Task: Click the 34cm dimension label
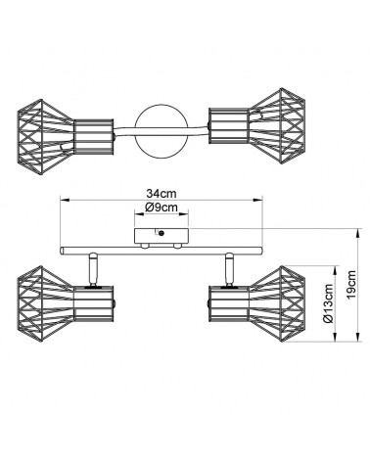coord(162,194)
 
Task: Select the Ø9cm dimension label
coord(162,207)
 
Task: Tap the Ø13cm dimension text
coord(329,303)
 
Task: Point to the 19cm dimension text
coord(351,285)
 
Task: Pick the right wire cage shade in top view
coord(277,125)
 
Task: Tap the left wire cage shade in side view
coord(45,303)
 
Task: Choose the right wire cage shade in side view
coord(277,303)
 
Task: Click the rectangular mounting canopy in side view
coord(162,237)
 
